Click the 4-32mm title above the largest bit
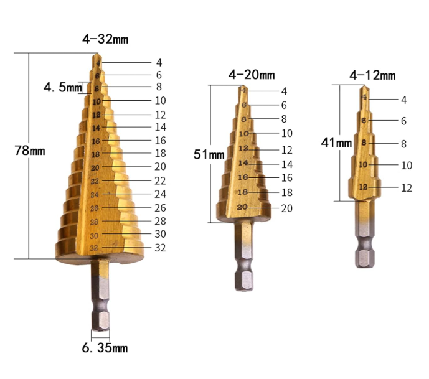(105, 39)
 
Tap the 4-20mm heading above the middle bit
(252, 75)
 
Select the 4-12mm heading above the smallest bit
(372, 75)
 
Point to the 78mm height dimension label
(30, 151)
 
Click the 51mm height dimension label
(209, 154)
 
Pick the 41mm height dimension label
(336, 143)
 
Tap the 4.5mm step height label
(63, 88)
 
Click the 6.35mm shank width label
(105, 348)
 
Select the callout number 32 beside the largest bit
(160, 248)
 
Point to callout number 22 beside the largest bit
(160, 180)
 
